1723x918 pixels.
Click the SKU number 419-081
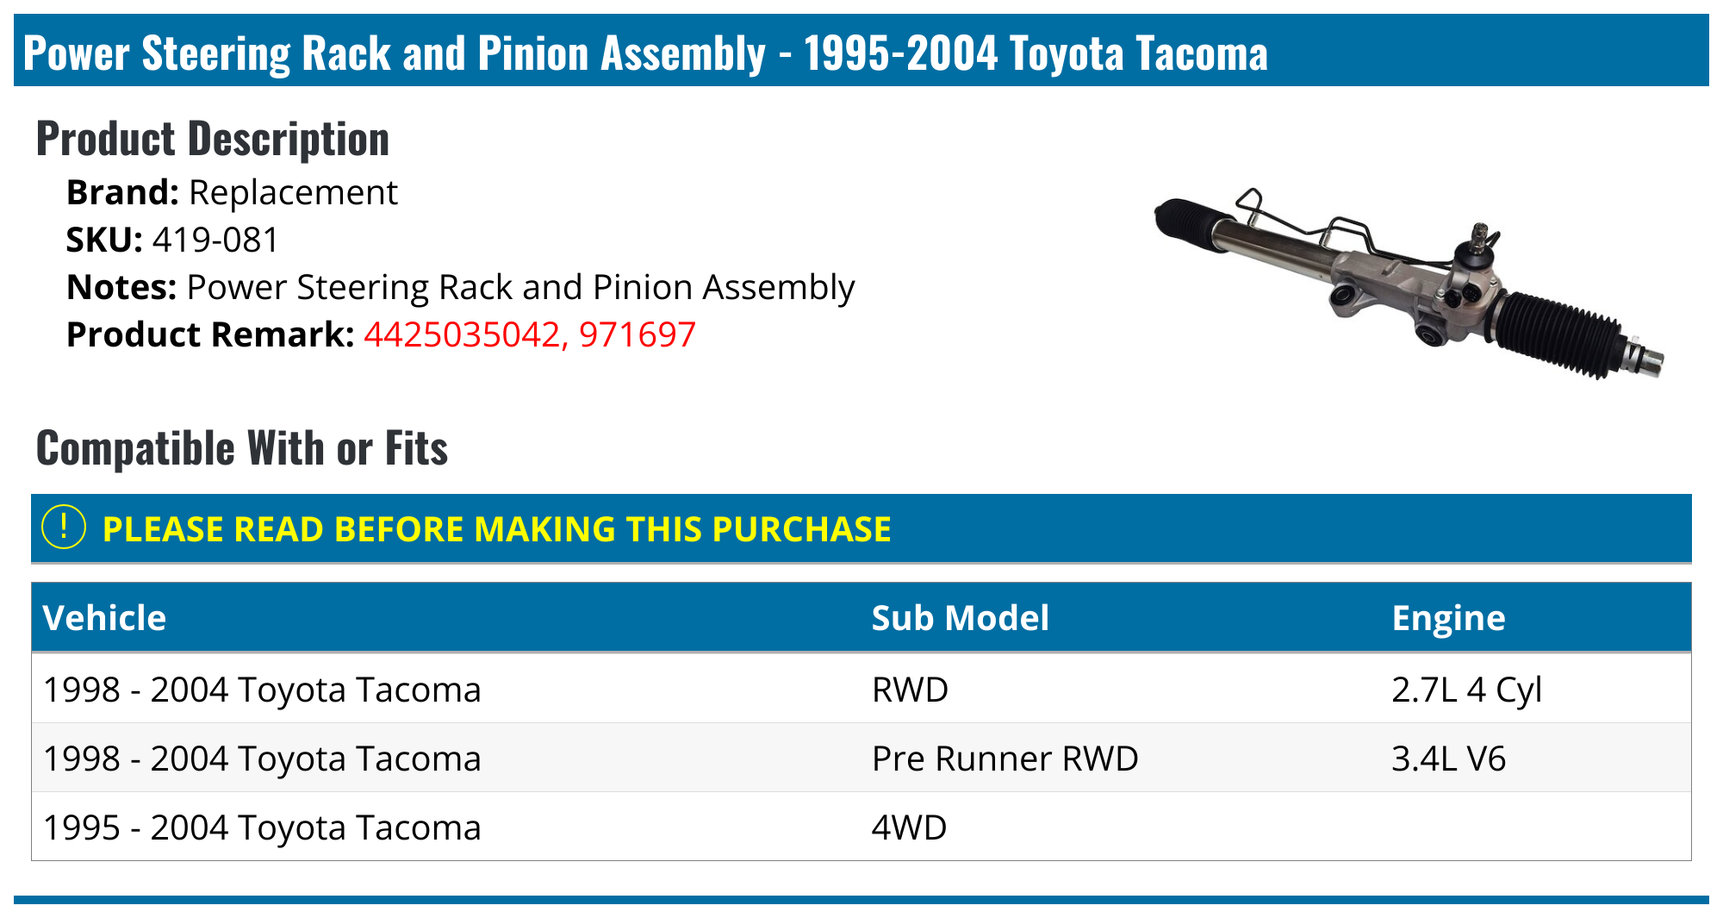click(x=215, y=240)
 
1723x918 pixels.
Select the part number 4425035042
click(x=462, y=335)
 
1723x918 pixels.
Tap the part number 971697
click(x=638, y=335)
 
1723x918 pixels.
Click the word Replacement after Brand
click(x=293, y=193)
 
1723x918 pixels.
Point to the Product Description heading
click(x=213, y=139)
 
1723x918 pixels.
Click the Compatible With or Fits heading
click(x=242, y=448)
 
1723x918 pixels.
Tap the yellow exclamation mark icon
click(x=64, y=528)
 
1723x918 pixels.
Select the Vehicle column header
click(x=104, y=618)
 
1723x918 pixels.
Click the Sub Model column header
click(x=961, y=618)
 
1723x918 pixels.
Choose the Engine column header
click(x=1448, y=618)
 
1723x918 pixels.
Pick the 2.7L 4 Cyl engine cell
click(x=1466, y=690)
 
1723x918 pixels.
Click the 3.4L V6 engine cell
click(x=1448, y=759)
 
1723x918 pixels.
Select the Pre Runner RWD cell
click(x=1005, y=759)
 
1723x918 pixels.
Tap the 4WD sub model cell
click(x=909, y=827)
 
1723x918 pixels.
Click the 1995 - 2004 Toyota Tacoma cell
click(x=262, y=827)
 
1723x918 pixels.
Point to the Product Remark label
click(x=210, y=335)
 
